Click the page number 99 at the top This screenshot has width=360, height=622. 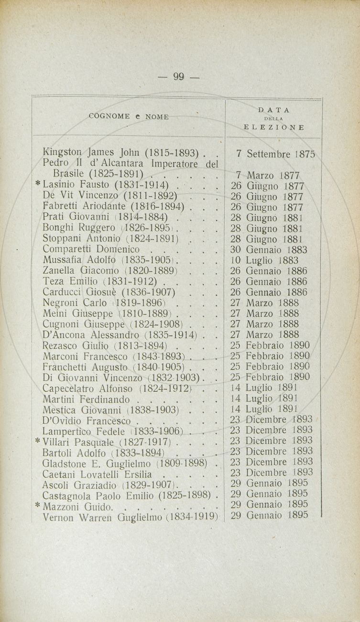[x=179, y=77]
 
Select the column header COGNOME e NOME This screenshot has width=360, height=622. [x=129, y=117]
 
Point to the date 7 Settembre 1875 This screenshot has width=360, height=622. [x=276, y=154]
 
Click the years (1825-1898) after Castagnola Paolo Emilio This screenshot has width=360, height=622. [x=184, y=494]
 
